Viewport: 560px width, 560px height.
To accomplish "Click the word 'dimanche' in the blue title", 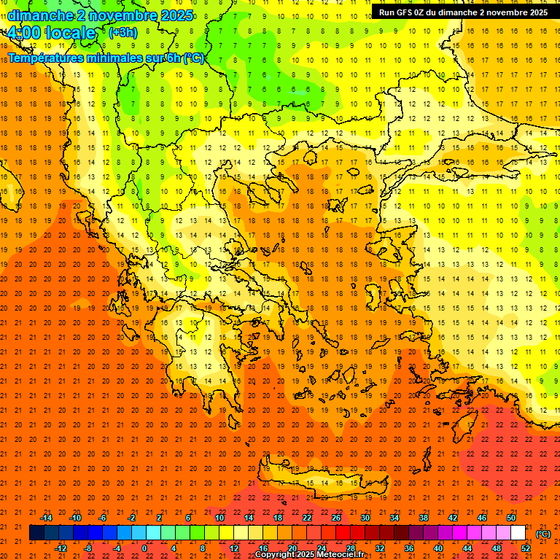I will [40, 15].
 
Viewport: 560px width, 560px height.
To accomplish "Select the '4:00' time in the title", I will [23, 33].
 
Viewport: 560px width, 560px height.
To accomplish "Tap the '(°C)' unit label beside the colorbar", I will [543, 534].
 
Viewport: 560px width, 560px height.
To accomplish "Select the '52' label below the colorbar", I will [526, 548].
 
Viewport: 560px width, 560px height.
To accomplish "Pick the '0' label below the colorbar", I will [144, 548].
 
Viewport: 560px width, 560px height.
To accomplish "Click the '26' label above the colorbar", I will [336, 518].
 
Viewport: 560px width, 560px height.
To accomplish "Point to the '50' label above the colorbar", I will [511, 518].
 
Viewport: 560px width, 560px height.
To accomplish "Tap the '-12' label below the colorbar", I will [61, 548].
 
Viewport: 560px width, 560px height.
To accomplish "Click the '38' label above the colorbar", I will [424, 518].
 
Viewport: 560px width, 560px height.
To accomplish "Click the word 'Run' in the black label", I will [388, 12].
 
